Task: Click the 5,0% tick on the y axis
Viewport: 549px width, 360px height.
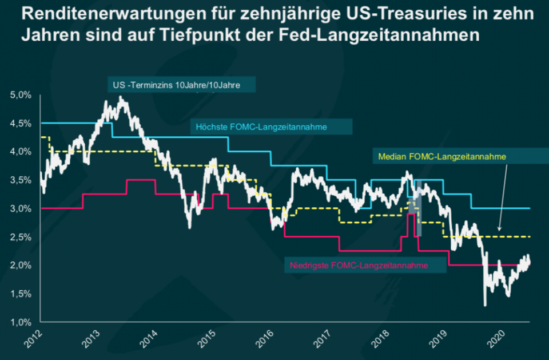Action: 21,95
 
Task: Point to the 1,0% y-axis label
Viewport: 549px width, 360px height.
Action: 21,322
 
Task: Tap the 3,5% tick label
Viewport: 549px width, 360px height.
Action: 21,180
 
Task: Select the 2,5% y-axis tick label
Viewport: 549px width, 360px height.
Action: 21,237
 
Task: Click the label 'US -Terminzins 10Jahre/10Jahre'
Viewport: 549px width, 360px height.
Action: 176,85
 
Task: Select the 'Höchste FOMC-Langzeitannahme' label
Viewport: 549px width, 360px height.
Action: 261,127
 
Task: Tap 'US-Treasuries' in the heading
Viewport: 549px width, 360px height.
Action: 380,14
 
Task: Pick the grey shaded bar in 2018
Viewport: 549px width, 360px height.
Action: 418,209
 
